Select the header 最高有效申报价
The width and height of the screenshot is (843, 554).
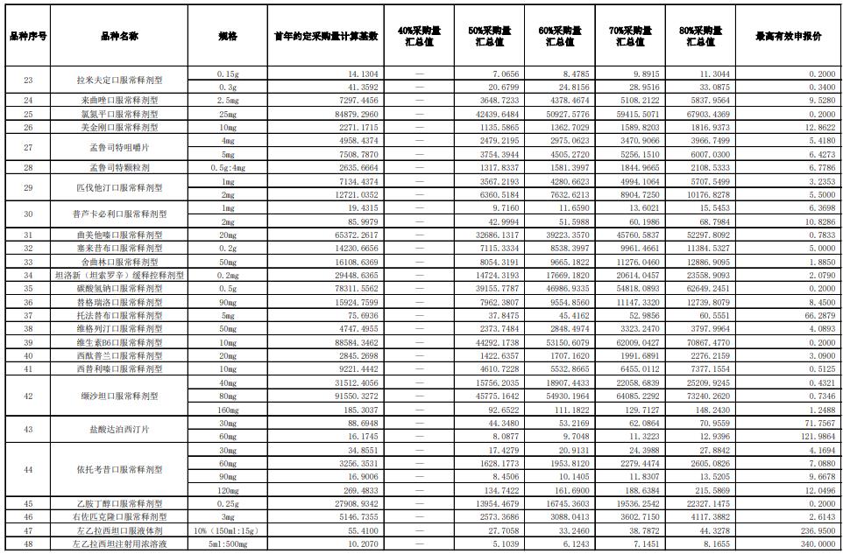point(788,37)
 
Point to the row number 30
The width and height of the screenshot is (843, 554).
point(28,214)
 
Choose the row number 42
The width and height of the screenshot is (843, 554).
point(28,396)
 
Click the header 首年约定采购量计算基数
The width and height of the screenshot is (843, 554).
point(326,37)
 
